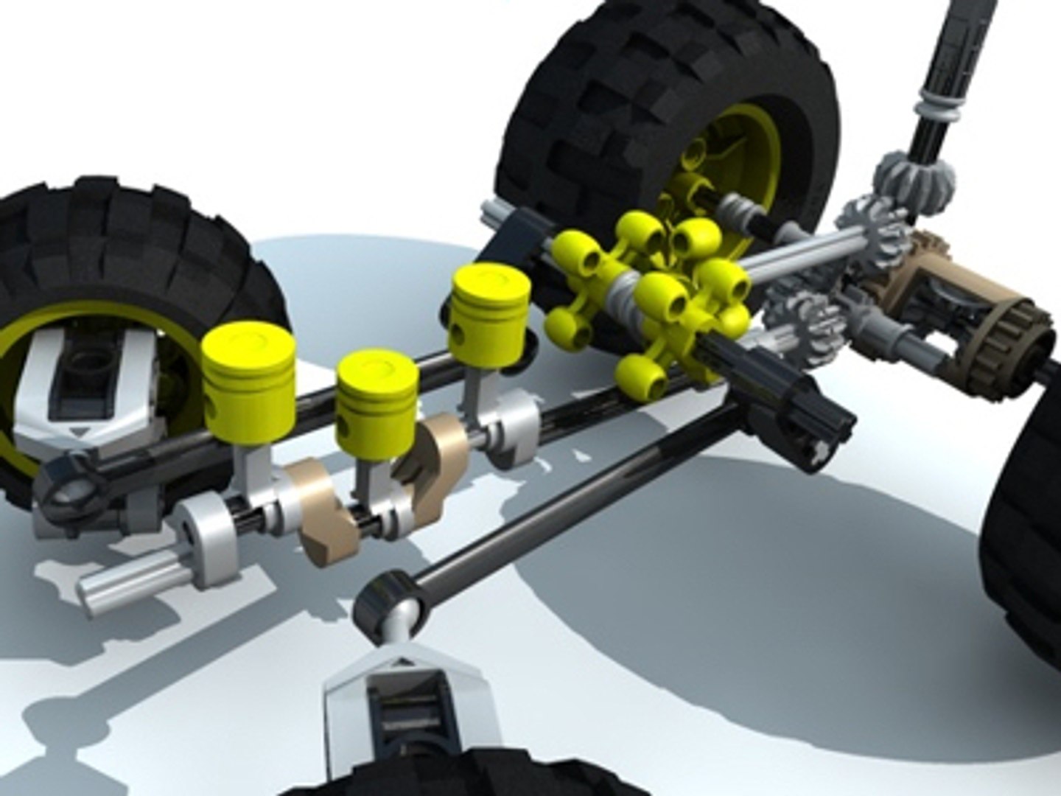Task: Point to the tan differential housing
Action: (958, 295)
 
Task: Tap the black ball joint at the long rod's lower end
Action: (387, 601)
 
